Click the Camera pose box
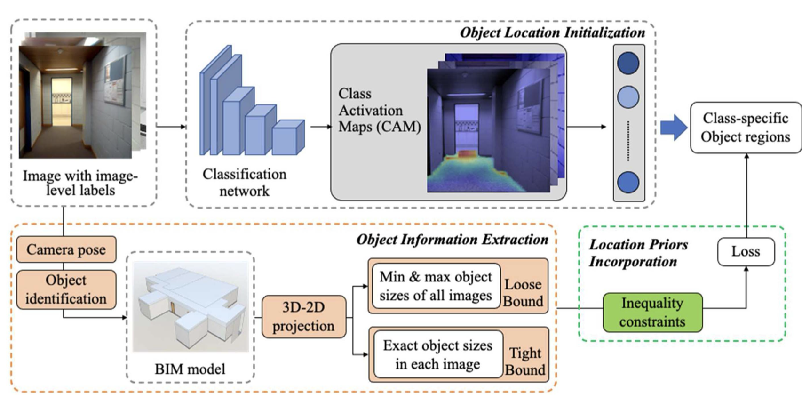pos(66,249)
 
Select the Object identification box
pos(66,289)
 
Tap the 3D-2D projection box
pos(303,316)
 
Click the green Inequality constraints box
pos(652,312)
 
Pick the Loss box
pos(746,251)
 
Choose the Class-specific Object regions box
pos(746,128)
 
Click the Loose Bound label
pos(523,292)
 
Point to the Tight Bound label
pos(525,361)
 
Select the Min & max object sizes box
pos(436,286)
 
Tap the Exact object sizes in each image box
pos(437,354)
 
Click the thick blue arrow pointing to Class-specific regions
pos(673,128)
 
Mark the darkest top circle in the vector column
pos(628,63)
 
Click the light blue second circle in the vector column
pos(628,97)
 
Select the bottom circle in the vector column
pos(628,182)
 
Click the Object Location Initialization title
pos(552,32)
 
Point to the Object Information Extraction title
pos(452,240)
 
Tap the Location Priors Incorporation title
pos(638,253)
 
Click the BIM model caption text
pos(190,369)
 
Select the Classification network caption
pos(244,182)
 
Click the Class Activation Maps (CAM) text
pos(379,110)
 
